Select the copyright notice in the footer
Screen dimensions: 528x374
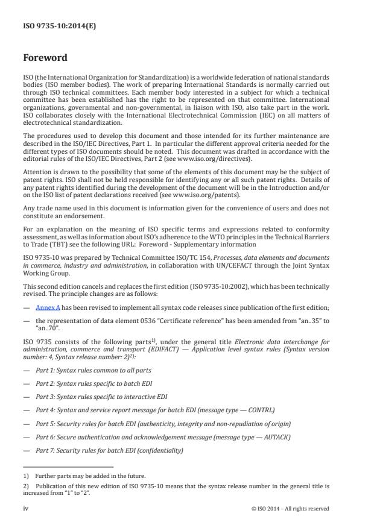click(290, 508)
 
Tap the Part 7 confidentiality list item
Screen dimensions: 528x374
click(109, 451)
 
